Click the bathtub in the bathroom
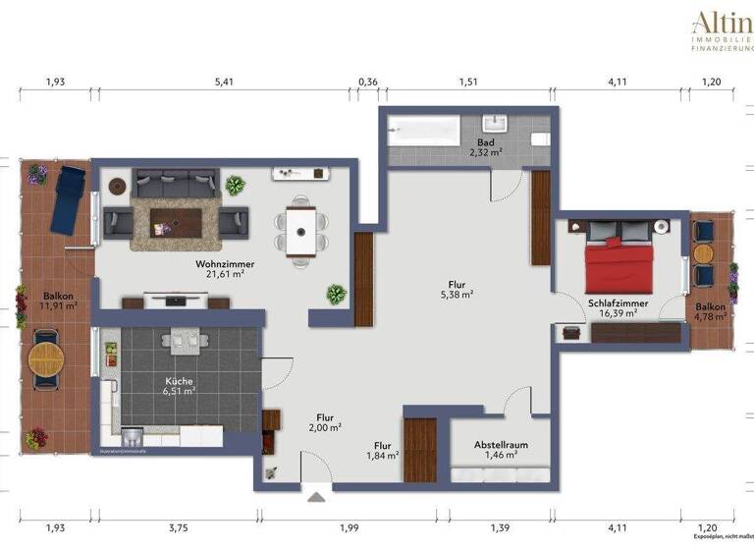coord(423,132)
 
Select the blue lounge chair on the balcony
coord(69,199)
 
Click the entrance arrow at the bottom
coord(316,497)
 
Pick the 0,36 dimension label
coord(367,82)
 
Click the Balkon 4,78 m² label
coord(712,312)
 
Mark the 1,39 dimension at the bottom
coord(500,528)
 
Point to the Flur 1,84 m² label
coord(383,450)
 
